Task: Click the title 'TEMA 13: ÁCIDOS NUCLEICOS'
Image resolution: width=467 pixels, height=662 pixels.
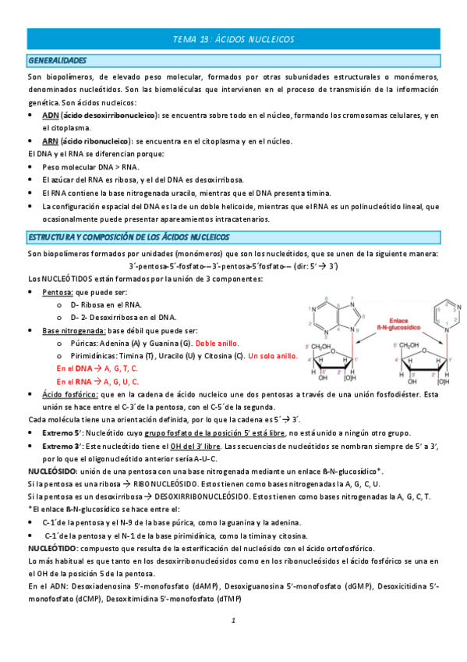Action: click(233, 39)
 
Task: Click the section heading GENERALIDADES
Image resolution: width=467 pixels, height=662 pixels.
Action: click(57, 60)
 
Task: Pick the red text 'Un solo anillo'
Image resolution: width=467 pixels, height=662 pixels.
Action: click(272, 356)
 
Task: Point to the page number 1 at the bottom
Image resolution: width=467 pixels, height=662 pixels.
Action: click(233, 621)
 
